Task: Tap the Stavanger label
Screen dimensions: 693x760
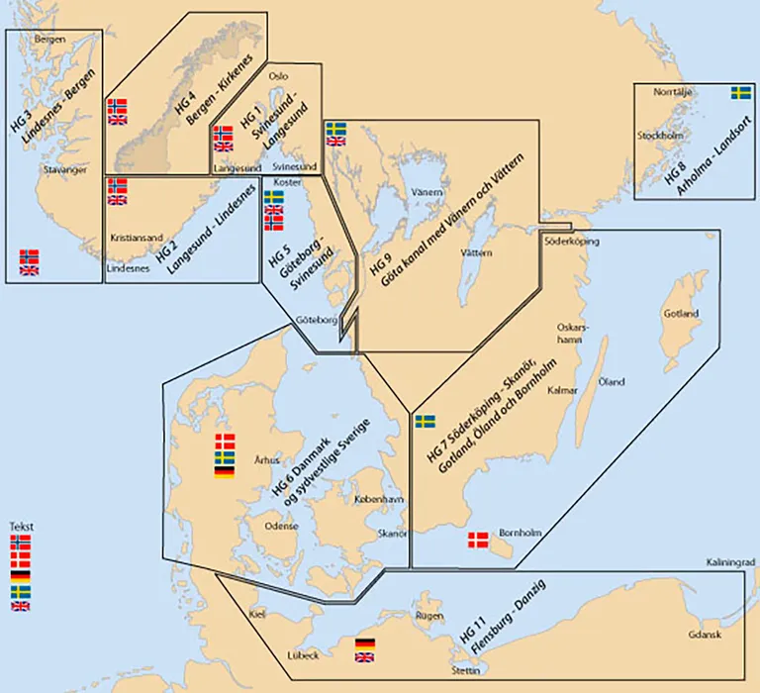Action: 66,170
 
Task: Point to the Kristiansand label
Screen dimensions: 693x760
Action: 135,239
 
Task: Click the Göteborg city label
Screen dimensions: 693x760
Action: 318,320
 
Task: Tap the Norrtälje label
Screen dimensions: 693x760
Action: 678,92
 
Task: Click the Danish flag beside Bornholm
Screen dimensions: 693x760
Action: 478,539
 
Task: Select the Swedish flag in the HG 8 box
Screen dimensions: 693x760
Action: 740,93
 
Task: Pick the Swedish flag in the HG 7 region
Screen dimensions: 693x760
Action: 426,421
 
